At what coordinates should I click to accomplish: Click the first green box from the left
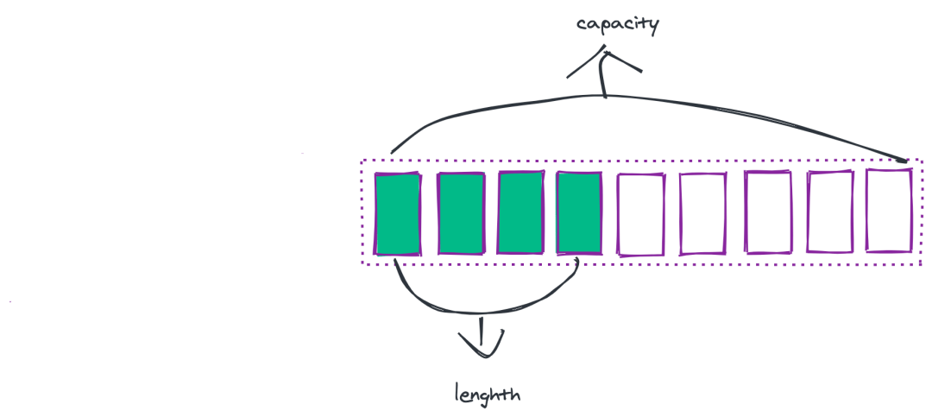coord(398,214)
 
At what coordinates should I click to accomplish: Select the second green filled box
coord(461,214)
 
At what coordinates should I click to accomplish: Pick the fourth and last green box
coord(579,213)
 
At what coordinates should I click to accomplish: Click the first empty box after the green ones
coord(641,215)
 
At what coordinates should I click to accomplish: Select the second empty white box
coord(703,215)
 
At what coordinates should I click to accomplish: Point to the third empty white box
coord(768,212)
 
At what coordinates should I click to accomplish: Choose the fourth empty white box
coord(830,212)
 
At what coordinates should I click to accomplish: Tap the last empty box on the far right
coord(889,212)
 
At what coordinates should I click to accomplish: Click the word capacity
coord(617,24)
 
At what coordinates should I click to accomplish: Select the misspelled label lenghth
coord(488,395)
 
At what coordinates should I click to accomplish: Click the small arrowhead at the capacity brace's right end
coord(904,159)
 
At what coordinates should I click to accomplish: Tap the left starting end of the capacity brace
coord(393,152)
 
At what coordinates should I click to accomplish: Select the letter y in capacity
coord(652,27)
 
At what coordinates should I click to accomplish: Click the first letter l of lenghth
coord(457,393)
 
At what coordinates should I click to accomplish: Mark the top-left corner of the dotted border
coord(361,161)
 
